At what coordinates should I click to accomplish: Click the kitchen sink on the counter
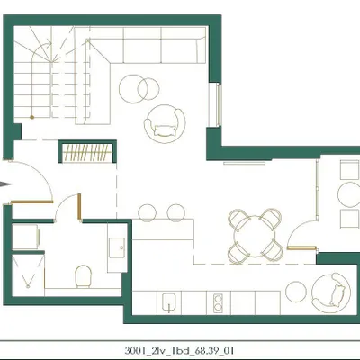click(x=170, y=302)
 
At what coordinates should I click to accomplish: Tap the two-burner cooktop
click(x=218, y=303)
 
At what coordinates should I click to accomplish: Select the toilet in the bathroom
click(x=83, y=276)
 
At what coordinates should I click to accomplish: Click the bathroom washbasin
click(x=117, y=247)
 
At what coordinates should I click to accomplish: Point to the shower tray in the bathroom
click(x=28, y=275)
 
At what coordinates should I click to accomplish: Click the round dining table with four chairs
click(x=256, y=236)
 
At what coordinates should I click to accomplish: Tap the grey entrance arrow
click(x=5, y=184)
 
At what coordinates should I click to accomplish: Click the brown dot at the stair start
click(x=31, y=117)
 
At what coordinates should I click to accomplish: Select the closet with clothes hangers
click(x=87, y=152)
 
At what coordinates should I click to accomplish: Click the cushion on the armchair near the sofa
click(x=165, y=130)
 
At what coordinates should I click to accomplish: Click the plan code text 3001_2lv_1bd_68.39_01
click(x=179, y=351)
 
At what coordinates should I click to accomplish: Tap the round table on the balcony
click(x=349, y=194)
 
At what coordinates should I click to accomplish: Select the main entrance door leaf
click(x=32, y=202)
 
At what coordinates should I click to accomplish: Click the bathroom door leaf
click(x=79, y=208)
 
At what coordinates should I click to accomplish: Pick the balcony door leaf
click(x=301, y=248)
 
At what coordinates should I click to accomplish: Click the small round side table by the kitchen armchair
click(x=296, y=292)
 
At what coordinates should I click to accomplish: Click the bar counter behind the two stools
click(x=163, y=229)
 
